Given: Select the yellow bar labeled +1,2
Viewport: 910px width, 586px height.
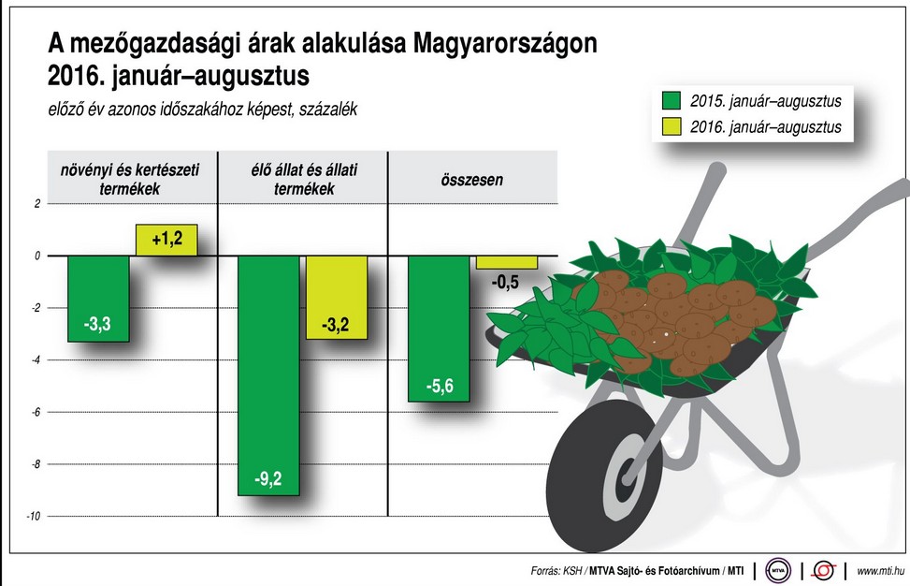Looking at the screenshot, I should tap(166, 241).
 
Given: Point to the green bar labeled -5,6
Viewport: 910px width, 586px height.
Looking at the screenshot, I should tap(439, 328).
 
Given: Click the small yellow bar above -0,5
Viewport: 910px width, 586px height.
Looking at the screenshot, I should tap(507, 262).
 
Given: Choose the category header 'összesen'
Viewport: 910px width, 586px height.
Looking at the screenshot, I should tap(471, 179).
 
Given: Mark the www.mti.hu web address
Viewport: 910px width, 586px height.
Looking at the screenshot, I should tap(878, 570).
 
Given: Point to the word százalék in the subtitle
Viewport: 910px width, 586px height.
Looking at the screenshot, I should tap(327, 110).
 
